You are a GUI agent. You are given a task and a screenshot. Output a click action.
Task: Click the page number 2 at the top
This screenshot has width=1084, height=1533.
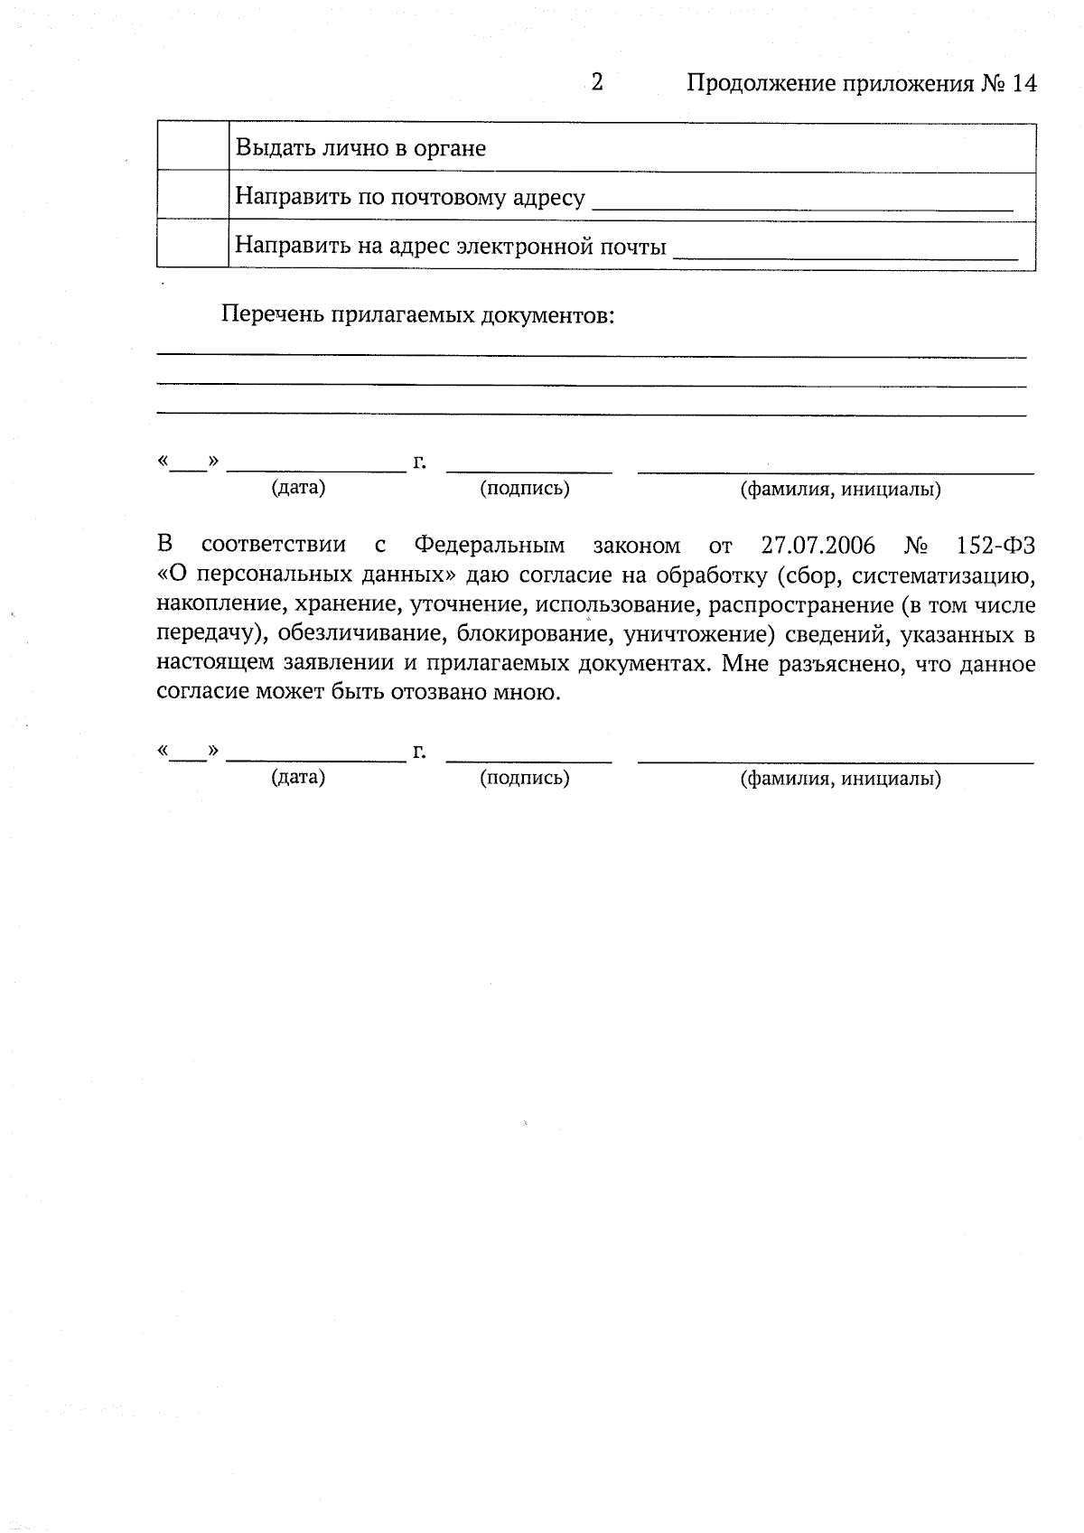tap(596, 83)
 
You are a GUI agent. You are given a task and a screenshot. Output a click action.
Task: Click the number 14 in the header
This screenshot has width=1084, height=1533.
tap(1023, 84)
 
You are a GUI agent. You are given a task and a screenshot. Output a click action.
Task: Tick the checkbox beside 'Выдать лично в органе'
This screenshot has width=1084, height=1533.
tap(192, 147)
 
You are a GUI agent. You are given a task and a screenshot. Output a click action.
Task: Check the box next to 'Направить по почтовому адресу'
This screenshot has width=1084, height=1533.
tap(192, 196)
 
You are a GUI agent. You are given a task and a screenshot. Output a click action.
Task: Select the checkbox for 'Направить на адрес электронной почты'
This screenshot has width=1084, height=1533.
tap(192, 244)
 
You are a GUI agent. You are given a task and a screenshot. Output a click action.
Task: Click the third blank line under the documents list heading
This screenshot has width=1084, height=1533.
tap(592, 414)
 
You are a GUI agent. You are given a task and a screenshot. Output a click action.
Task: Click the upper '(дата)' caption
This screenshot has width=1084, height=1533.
tap(298, 488)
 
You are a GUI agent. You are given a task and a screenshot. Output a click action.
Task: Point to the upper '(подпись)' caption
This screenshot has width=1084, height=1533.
tap(524, 489)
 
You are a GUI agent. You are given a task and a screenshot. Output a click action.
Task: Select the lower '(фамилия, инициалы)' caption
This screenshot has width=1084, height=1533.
tap(840, 779)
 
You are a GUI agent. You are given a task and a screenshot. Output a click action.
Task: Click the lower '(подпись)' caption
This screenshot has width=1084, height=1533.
tap(524, 778)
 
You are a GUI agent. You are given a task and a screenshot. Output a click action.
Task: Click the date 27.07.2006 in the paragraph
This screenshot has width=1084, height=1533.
tap(818, 546)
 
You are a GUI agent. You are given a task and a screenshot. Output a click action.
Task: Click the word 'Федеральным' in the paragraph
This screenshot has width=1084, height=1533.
tap(489, 546)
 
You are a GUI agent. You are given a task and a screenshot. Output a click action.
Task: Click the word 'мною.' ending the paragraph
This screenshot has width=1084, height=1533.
tap(526, 693)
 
